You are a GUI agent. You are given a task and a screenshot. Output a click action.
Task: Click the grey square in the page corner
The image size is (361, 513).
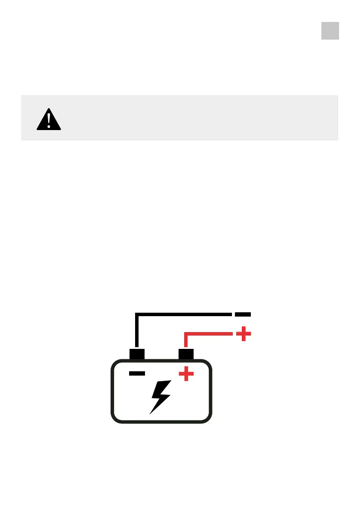[x=330, y=31]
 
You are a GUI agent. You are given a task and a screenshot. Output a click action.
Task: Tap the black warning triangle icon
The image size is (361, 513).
[x=49, y=119]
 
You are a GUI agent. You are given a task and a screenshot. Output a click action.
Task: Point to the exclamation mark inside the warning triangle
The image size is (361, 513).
[x=49, y=119]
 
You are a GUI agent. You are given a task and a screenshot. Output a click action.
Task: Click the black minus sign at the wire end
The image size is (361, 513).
[x=243, y=314]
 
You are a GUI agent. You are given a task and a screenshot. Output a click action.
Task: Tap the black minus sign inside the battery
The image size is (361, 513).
[x=137, y=373]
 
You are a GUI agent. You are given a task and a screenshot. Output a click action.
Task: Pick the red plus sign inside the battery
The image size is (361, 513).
[x=186, y=373]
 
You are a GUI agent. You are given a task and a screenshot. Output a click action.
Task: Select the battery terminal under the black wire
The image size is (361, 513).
[x=137, y=354]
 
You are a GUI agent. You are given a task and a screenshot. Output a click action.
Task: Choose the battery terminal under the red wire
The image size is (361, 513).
[x=186, y=354]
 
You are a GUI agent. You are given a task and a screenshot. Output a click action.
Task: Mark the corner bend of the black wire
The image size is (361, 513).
[x=137, y=315]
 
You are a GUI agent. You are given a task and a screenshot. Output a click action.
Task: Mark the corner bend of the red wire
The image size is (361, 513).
[x=186, y=334]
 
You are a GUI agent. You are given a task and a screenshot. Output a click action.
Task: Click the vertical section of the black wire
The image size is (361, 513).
[x=137, y=332]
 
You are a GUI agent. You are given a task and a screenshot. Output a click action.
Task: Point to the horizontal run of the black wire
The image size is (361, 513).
[x=185, y=314]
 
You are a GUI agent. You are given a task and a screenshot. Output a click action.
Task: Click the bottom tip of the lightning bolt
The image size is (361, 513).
[x=151, y=413]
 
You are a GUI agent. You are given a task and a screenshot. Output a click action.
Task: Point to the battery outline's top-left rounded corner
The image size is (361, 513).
[x=115, y=364]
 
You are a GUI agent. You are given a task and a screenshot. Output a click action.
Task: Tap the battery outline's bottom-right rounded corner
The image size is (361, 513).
[x=208, y=418]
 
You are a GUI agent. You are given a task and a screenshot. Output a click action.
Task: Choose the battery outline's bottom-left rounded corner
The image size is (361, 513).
[x=115, y=418]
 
